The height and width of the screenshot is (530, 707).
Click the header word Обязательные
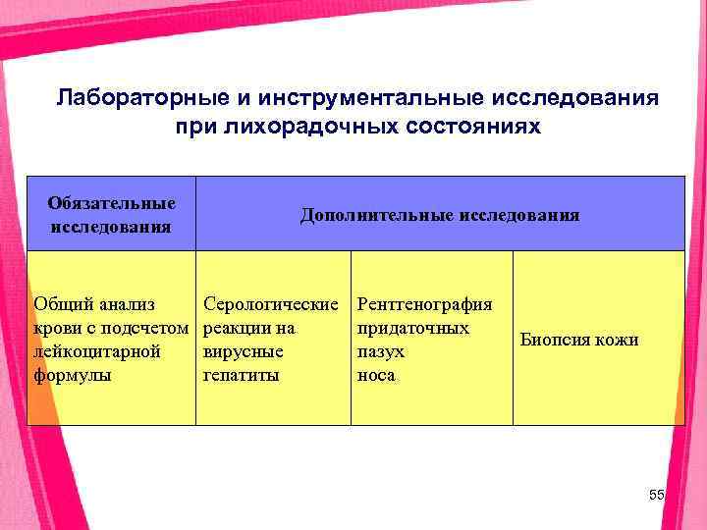[x=112, y=203]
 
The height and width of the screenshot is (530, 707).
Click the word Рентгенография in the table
[x=426, y=305]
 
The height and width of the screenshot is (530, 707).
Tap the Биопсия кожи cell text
[x=579, y=340]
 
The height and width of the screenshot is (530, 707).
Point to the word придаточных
[x=413, y=328]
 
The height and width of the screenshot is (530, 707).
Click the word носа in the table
[x=377, y=375]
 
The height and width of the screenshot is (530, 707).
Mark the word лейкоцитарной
[x=97, y=351]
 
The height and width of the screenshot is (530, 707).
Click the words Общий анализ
[x=94, y=305]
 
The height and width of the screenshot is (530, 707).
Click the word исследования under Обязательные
[x=112, y=226]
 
